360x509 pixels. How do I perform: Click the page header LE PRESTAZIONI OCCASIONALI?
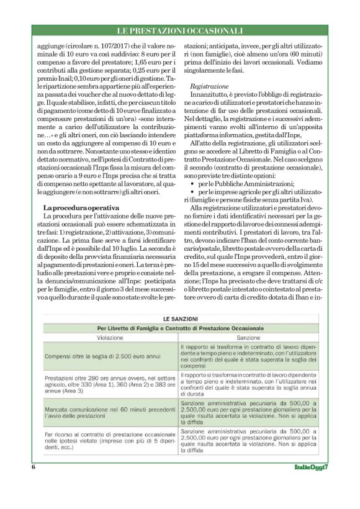coord(180,30)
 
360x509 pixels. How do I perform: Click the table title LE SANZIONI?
coord(179,318)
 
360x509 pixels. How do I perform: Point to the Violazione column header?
coord(110,338)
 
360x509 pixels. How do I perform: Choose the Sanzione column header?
coord(248,338)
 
